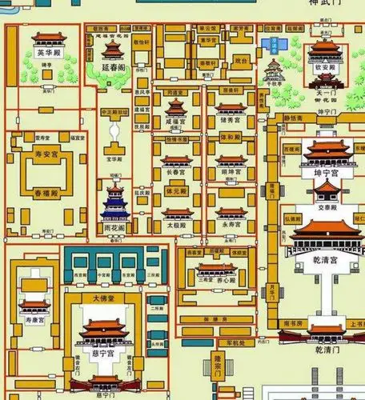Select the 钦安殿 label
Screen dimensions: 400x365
pyautogui.click(x=326, y=69)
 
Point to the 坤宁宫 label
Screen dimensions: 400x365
pyautogui.click(x=326, y=172)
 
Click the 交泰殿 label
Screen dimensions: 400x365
pyautogui.click(x=327, y=206)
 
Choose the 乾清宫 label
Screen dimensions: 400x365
pyautogui.click(x=326, y=260)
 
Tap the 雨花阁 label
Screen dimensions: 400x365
pyautogui.click(x=114, y=227)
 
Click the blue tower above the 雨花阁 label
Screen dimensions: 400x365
pyautogui.click(x=114, y=202)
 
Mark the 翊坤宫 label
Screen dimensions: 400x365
pyautogui.click(x=231, y=171)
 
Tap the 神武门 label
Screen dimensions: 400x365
pyautogui.click(x=325, y=4)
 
